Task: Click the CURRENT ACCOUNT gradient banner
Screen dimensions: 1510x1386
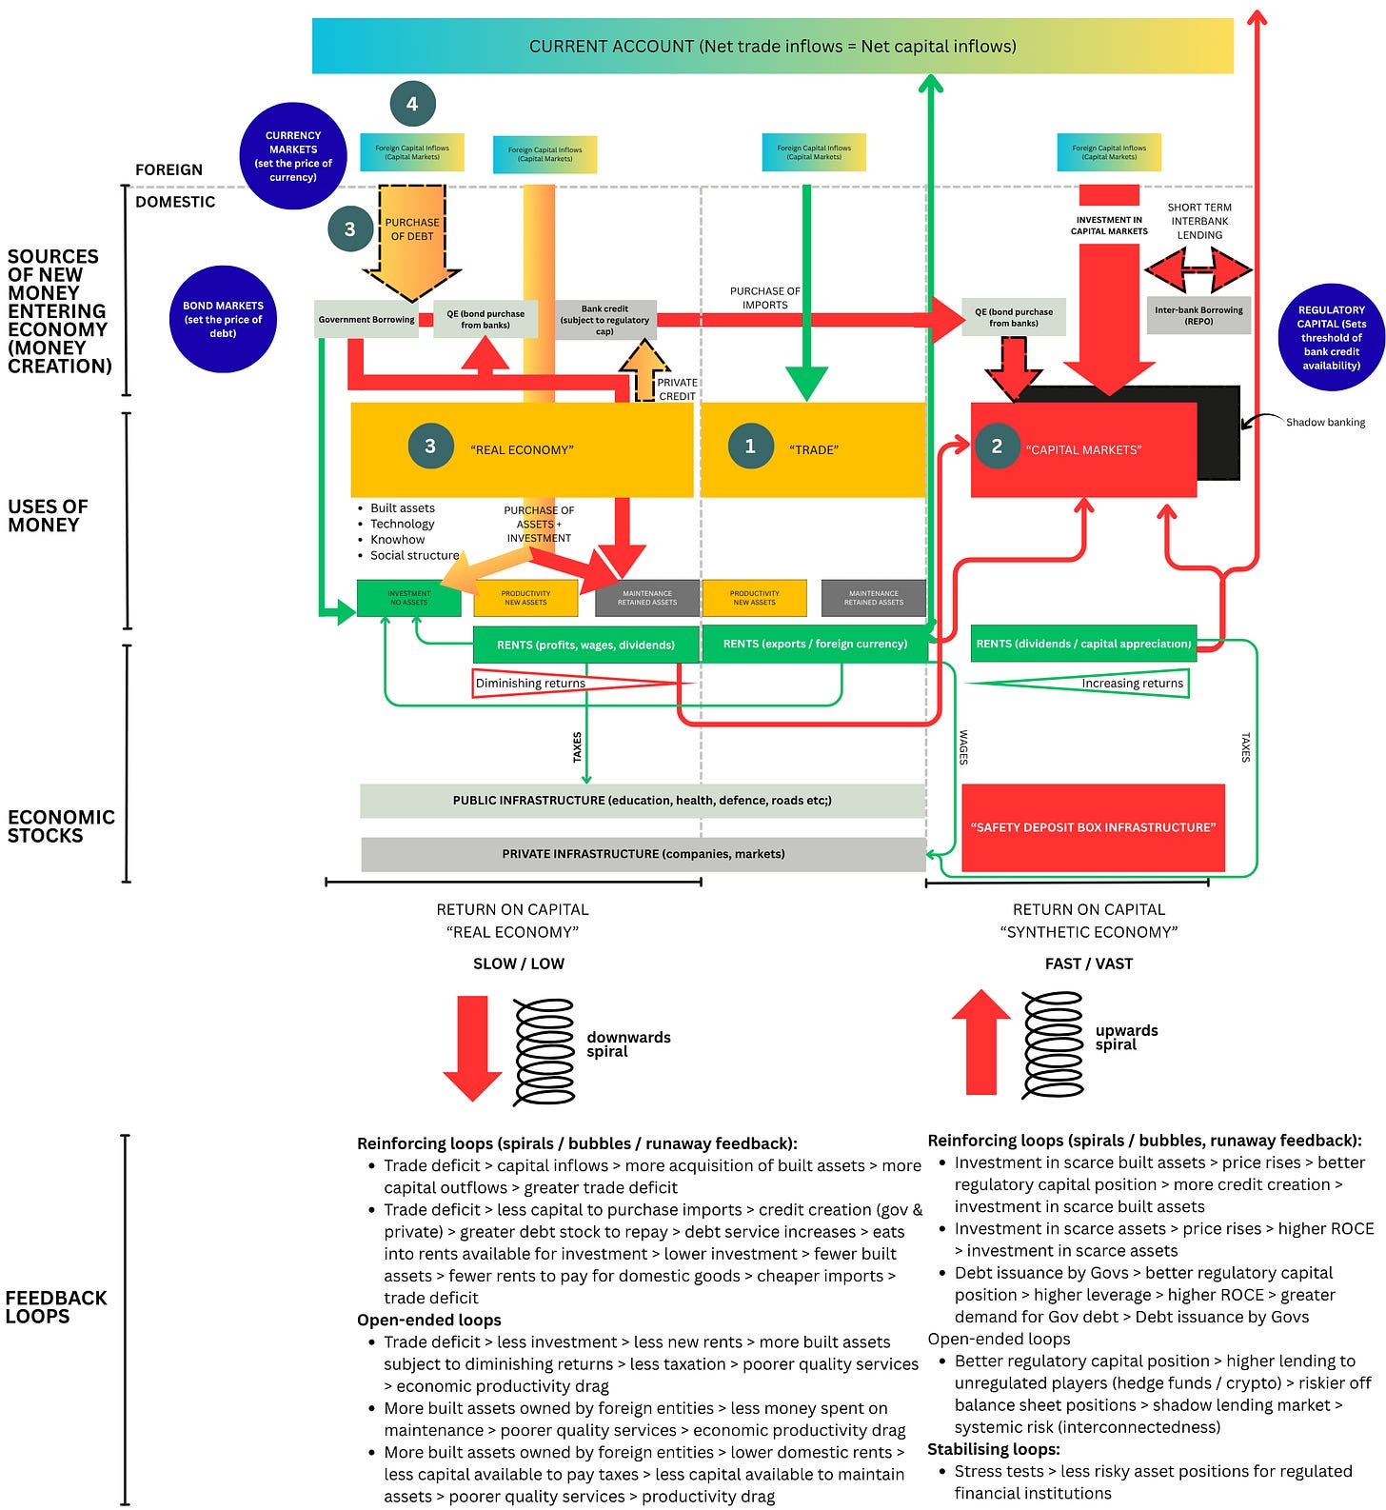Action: pyautogui.click(x=772, y=46)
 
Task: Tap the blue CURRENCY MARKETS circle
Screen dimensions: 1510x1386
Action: pyautogui.click(x=293, y=156)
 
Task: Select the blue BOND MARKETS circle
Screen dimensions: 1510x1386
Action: pyautogui.click(x=223, y=319)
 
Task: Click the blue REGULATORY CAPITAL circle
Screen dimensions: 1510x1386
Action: pyautogui.click(x=1331, y=337)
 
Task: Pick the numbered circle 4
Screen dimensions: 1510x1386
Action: pyautogui.click(x=412, y=104)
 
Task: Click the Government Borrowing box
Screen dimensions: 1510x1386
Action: pyautogui.click(x=366, y=320)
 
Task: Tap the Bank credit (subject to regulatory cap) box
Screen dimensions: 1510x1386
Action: pyautogui.click(x=604, y=320)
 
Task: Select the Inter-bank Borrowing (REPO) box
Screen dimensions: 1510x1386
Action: pyautogui.click(x=1198, y=316)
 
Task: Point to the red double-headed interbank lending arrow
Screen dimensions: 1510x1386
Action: pyautogui.click(x=1198, y=270)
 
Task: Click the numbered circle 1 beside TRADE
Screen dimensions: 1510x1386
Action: pyautogui.click(x=750, y=447)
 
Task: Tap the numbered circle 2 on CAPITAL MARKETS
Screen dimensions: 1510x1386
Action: pyautogui.click(x=997, y=447)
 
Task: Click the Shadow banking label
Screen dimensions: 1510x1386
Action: pyautogui.click(x=1325, y=422)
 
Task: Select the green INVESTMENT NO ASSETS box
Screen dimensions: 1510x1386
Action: pyautogui.click(x=408, y=598)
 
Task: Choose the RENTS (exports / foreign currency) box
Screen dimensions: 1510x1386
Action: pyautogui.click(x=815, y=644)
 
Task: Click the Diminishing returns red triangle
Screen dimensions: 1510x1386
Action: pyautogui.click(x=571, y=683)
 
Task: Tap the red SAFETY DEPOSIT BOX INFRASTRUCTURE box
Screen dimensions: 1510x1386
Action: pyautogui.click(x=1093, y=827)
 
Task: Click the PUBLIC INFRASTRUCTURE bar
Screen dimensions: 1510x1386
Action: pyautogui.click(x=643, y=801)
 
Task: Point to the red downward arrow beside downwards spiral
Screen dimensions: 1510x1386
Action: pyautogui.click(x=472, y=1047)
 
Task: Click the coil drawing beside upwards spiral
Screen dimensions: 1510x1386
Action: pyautogui.click(x=1052, y=1044)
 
